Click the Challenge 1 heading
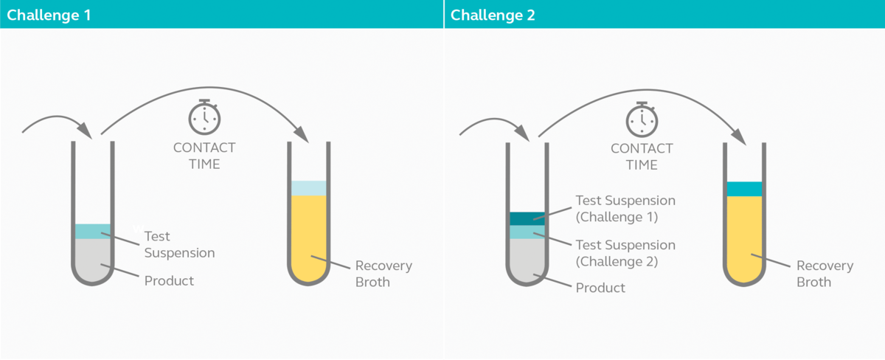[x=49, y=15]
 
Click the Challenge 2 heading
[x=493, y=15]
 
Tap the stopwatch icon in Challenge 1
[x=204, y=117]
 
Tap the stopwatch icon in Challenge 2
[x=642, y=120]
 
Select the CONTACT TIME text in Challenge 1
[x=204, y=156]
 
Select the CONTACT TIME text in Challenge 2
[x=642, y=156]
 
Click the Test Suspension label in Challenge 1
[x=179, y=244]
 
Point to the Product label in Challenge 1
[x=169, y=280]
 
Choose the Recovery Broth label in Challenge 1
[x=383, y=274]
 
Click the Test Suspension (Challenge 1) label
[x=625, y=208]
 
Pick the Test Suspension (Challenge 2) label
[x=625, y=253]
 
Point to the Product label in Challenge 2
[x=600, y=287]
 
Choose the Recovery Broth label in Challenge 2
[x=825, y=274]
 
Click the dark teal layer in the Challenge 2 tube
[x=527, y=218]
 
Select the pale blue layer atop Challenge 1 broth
[x=308, y=188]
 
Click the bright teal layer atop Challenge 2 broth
[x=744, y=189]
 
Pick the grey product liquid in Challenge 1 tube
[x=93, y=260]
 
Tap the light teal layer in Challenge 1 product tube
[x=93, y=231]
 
